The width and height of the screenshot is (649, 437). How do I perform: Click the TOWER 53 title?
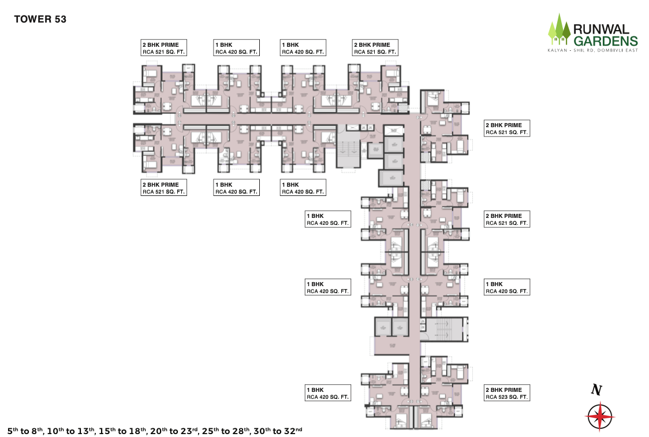(40, 19)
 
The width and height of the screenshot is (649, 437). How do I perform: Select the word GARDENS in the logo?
(605, 40)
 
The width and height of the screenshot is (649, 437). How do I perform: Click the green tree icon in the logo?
(558, 30)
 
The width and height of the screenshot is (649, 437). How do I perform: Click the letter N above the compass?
(596, 391)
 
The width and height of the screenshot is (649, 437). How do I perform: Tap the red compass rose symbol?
(599, 416)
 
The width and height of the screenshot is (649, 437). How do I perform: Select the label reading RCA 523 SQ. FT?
(506, 397)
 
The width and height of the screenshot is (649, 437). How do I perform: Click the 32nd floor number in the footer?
(291, 431)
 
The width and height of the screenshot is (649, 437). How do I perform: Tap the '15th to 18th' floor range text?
(122, 431)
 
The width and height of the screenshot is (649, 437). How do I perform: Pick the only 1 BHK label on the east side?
(506, 287)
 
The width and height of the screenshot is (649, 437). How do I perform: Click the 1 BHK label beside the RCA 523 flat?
(327, 393)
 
